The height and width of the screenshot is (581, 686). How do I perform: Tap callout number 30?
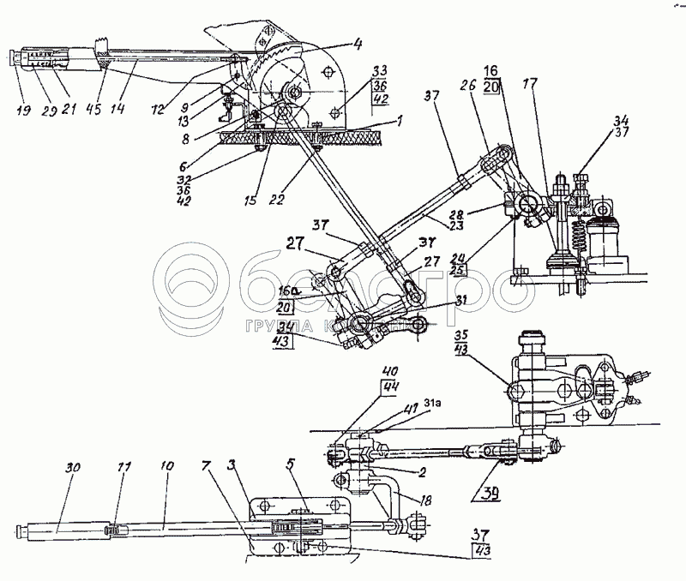coord(71,468)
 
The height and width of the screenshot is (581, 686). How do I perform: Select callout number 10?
coord(165,468)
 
